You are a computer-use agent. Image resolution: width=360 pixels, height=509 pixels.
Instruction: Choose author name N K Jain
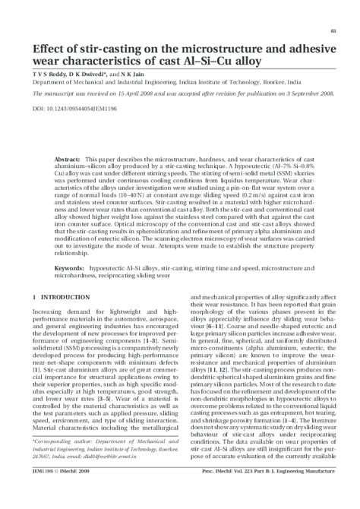[x=125, y=76]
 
